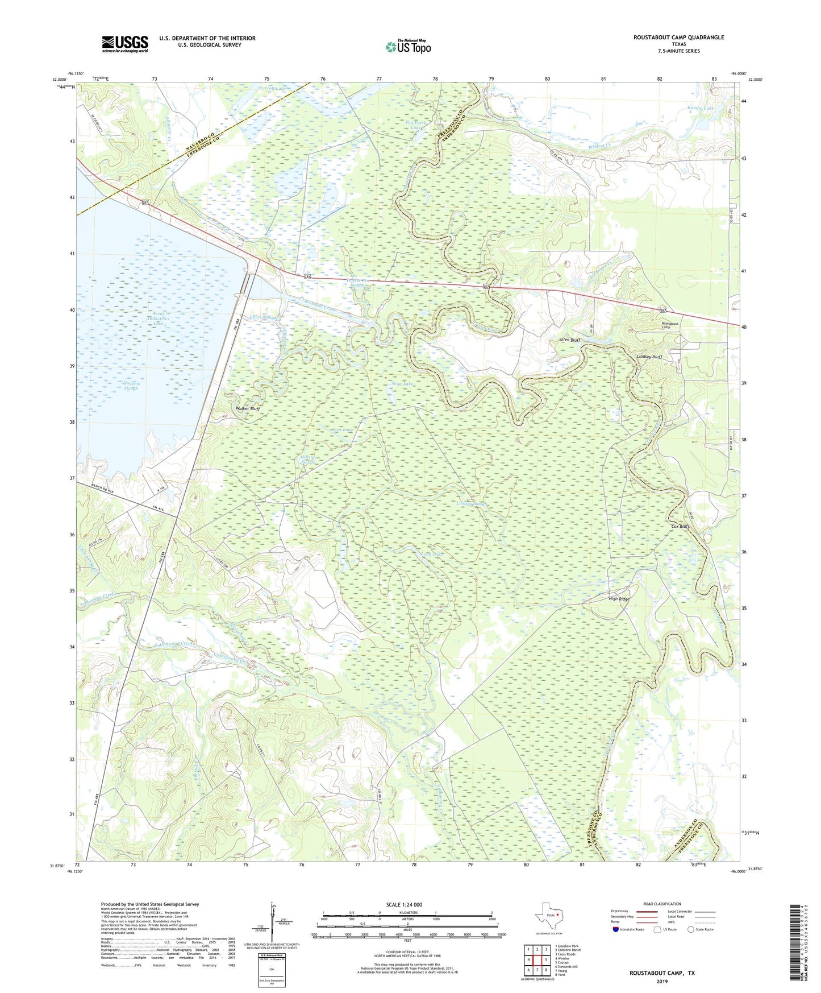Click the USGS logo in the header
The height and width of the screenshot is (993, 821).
pos(124,44)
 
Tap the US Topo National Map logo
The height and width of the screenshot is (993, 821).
pos(407,47)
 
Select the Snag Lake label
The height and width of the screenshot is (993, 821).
pos(402,384)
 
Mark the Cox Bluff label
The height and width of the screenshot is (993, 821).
pos(680,527)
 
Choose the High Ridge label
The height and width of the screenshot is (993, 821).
pos(619,599)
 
